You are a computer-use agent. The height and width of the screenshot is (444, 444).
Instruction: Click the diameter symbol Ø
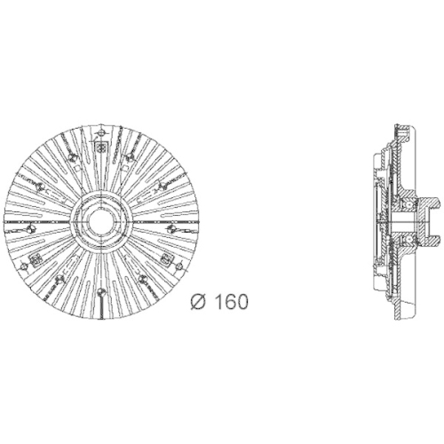point(199,301)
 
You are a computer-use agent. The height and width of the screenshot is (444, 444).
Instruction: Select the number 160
point(231,301)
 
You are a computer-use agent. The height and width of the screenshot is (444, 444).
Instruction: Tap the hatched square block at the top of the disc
point(101,147)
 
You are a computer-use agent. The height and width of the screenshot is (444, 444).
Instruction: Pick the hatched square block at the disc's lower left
point(35,260)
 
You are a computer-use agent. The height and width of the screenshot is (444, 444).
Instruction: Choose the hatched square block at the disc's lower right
point(166,259)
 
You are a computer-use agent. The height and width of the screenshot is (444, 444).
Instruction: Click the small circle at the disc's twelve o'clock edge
point(101,132)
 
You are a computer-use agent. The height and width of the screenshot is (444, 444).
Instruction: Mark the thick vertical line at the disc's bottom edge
point(101,307)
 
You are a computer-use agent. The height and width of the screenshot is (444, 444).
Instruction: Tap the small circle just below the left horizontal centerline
point(30,228)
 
